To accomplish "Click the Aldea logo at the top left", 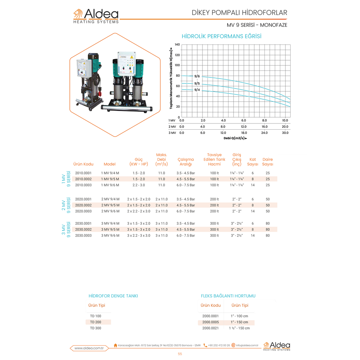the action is click(96, 16).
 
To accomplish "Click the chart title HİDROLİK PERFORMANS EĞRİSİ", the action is click(222, 36).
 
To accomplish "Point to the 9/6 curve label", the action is click(197, 76).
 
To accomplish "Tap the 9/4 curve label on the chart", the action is click(197, 90).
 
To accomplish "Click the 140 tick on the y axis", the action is click(177, 44).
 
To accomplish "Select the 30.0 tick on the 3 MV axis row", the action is click(285, 133).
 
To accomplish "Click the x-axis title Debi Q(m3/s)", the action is click(235, 138).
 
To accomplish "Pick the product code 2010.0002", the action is click(83, 179).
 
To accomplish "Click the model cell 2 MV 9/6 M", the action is click(111, 211).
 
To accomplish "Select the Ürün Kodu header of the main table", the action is click(83, 164).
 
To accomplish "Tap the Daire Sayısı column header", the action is click(268, 162).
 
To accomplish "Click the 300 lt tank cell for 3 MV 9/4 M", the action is click(215, 223).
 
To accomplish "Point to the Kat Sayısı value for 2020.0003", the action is click(253, 211).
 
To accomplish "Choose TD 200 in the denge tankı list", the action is click(96, 322).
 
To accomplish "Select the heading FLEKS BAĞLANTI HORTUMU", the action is click(228, 296).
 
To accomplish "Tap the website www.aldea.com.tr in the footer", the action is click(89, 348).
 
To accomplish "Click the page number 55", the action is click(180, 354).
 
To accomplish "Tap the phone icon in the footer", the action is click(205, 345).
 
